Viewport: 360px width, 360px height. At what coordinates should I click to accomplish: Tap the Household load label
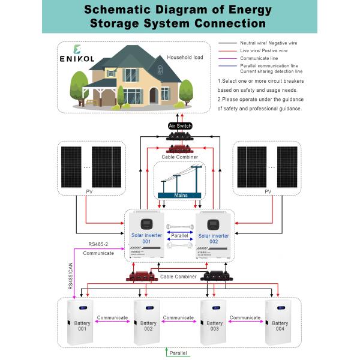point(186,58)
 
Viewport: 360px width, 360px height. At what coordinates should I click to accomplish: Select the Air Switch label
point(180,127)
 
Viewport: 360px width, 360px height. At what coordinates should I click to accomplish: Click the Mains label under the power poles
point(181,195)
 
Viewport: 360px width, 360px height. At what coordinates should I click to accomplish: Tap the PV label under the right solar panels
point(268,192)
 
